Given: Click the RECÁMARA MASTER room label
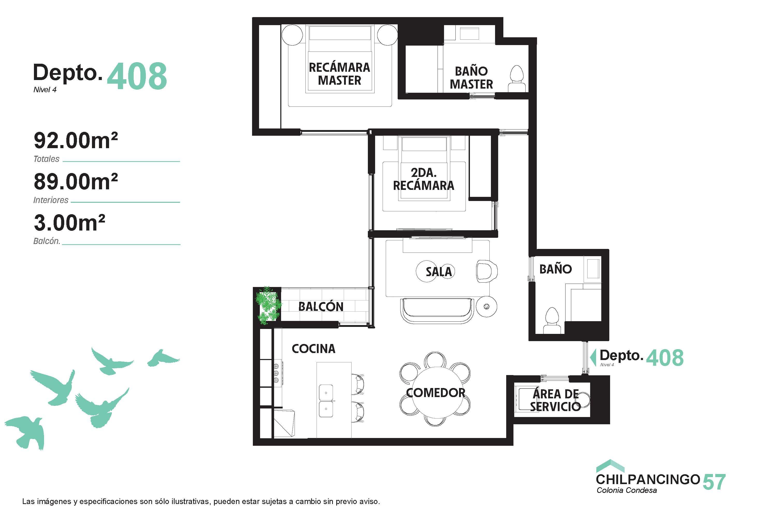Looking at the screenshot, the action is click(x=339, y=74).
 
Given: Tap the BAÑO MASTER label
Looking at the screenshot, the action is click(x=471, y=77).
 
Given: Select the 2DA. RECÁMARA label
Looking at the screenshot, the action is click(x=424, y=179).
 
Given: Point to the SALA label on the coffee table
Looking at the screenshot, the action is click(x=439, y=272).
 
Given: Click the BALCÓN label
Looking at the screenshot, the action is click(x=321, y=306).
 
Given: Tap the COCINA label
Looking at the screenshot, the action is click(x=313, y=349).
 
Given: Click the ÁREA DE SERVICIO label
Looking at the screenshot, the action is click(x=555, y=400).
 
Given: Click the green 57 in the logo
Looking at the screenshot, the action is click(x=714, y=482).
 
